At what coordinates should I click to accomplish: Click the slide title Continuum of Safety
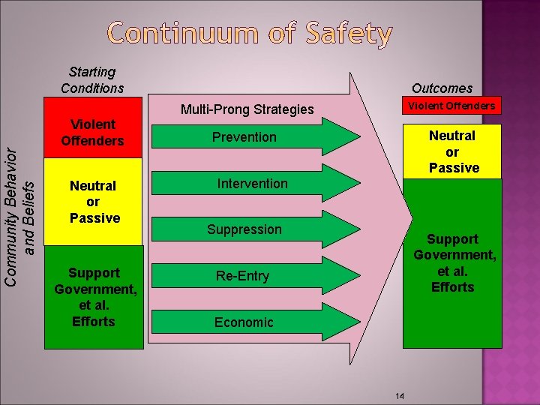coord(250,34)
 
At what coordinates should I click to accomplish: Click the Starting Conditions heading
coord(92,80)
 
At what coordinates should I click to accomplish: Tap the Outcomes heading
coord(442,88)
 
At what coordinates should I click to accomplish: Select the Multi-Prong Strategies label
coord(247,109)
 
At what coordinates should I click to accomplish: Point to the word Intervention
coord(252,184)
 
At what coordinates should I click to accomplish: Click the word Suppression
coord(244,229)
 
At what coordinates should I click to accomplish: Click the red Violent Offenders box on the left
coord(93,133)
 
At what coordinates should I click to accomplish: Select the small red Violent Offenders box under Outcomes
coord(451,106)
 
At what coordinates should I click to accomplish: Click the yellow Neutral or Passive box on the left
coord(94,202)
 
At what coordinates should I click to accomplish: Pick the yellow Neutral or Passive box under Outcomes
coord(452,151)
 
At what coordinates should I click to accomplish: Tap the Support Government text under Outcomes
coord(452,262)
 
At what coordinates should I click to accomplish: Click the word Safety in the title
coord(342,34)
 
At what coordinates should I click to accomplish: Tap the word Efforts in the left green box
coord(94,322)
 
